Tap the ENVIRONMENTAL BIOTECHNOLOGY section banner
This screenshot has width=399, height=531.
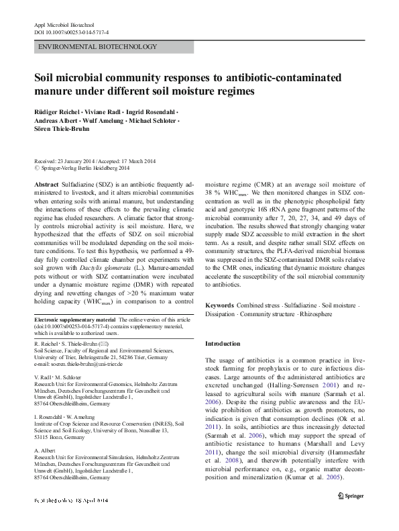point(99,47)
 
